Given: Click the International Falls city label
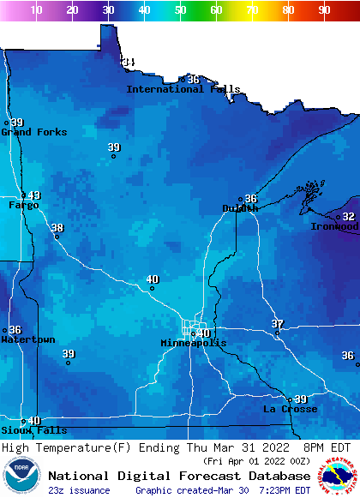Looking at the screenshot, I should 183,89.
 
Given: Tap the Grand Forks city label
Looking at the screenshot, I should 27,132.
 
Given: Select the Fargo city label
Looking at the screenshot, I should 23,206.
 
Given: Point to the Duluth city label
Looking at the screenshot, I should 239,208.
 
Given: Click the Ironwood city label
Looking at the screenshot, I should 335,227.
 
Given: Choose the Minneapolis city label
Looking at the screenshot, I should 194,343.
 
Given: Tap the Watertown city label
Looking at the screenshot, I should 27,340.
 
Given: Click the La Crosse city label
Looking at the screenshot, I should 290,410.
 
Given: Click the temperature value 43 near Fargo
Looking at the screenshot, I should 34,195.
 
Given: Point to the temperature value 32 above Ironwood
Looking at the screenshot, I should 349,217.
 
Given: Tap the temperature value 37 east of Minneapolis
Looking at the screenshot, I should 278,323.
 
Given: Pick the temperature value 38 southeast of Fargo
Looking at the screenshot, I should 57,227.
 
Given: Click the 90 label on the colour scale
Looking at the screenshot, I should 324,10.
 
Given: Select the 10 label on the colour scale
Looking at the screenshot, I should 36,10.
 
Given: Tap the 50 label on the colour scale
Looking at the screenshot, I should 180,10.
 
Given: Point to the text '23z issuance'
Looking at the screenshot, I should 79,490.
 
